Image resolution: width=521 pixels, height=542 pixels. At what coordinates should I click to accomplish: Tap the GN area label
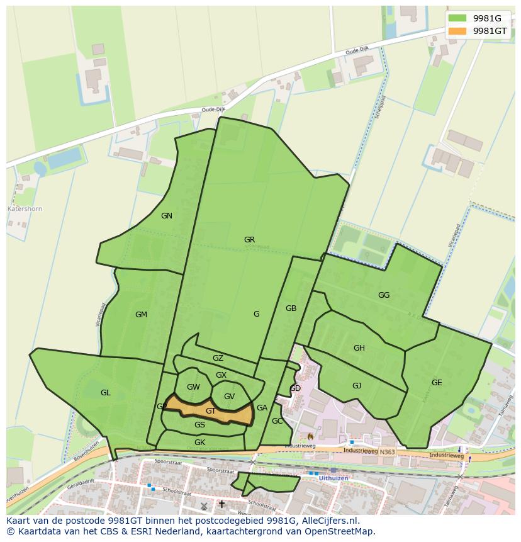click(167, 216)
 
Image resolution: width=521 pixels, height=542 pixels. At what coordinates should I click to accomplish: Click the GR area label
click(250, 240)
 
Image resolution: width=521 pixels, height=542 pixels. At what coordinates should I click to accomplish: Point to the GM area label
click(141, 315)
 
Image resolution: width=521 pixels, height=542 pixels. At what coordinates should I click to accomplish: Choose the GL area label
click(106, 393)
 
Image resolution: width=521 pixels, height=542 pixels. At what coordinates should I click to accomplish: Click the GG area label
click(384, 295)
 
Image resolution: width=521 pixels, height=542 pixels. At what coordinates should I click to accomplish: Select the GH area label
click(359, 348)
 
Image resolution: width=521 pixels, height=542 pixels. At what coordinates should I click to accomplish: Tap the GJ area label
click(357, 386)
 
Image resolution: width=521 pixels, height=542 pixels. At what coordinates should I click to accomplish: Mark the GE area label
click(437, 383)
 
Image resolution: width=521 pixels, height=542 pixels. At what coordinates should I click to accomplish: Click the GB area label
click(291, 308)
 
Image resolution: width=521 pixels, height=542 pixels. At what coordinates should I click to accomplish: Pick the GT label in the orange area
click(211, 411)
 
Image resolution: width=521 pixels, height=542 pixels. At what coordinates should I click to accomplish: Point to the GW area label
click(193, 387)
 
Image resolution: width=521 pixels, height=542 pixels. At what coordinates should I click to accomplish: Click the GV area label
click(229, 397)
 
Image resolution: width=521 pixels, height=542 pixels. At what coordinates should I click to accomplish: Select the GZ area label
click(218, 358)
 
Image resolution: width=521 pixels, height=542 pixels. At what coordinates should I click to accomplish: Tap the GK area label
click(200, 443)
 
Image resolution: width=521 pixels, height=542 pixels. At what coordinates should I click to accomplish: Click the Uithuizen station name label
click(333, 479)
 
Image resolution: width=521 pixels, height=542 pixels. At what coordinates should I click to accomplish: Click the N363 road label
click(388, 451)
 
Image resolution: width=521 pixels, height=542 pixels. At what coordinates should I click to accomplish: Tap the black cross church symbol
click(221, 504)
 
